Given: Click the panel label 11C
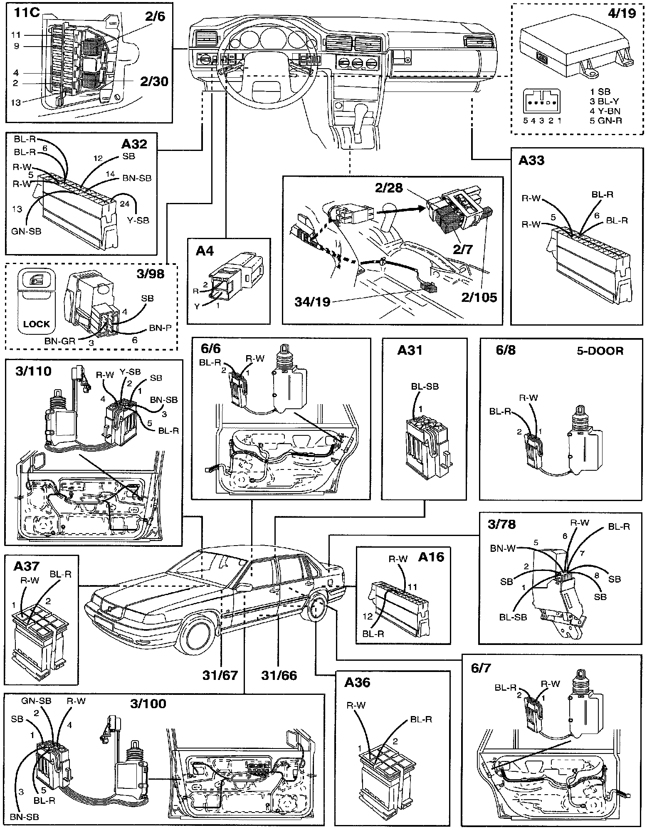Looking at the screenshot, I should point(27,12).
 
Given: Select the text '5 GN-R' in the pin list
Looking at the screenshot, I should point(606,121).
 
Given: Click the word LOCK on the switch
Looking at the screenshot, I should point(37,324).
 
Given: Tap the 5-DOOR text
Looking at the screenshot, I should point(600,351).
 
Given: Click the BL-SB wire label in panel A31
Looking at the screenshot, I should point(425,386).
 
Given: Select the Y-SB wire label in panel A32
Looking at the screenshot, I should point(138,220).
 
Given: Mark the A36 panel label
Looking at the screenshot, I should point(357,682).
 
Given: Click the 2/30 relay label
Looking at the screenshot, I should point(154,81).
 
